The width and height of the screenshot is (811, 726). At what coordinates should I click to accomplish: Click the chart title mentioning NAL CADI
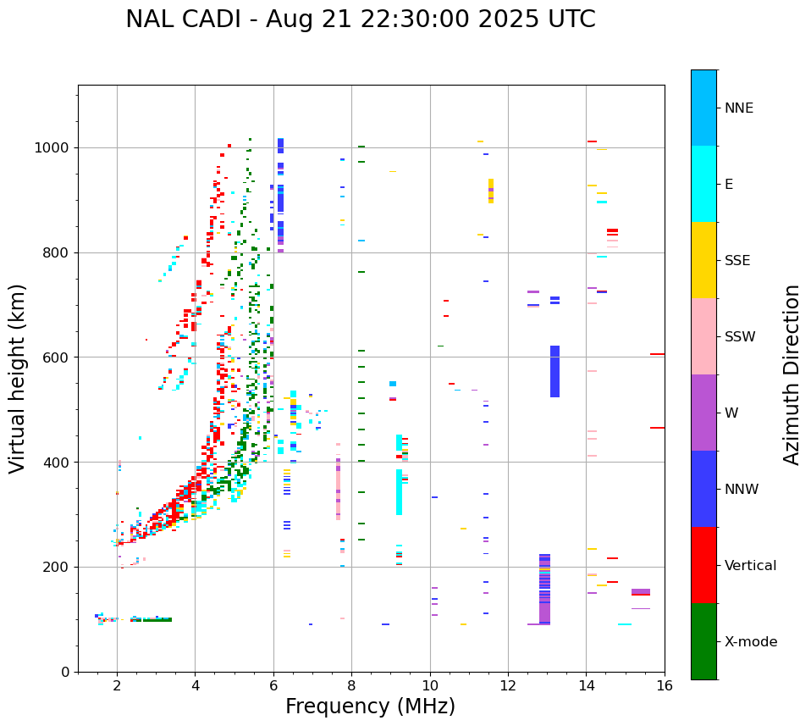click(360, 19)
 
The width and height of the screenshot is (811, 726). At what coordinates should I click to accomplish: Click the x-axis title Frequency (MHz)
click(370, 707)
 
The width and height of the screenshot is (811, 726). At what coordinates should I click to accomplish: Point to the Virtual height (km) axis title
click(18, 379)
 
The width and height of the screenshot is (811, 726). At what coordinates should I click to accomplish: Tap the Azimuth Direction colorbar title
click(792, 374)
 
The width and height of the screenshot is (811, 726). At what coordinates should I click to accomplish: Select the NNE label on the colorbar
click(739, 108)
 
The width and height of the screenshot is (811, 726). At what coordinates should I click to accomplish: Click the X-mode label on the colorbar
click(751, 642)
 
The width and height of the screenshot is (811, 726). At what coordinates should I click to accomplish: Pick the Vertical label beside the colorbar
click(750, 566)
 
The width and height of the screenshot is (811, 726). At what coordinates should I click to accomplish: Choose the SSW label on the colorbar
click(740, 337)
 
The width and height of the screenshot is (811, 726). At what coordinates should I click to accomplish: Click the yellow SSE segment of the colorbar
click(703, 260)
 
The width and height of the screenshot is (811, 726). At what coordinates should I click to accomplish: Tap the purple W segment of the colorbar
click(703, 413)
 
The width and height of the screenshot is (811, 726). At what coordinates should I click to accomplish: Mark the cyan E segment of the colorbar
click(703, 184)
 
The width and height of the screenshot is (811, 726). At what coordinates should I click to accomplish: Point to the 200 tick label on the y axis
click(59, 568)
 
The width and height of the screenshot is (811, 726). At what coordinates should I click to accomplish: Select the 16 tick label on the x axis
click(665, 685)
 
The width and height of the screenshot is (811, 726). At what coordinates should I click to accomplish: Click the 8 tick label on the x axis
click(351, 685)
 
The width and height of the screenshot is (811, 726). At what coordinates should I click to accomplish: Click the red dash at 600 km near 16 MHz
click(657, 354)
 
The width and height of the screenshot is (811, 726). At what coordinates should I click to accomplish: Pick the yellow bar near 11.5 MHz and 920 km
click(491, 191)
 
